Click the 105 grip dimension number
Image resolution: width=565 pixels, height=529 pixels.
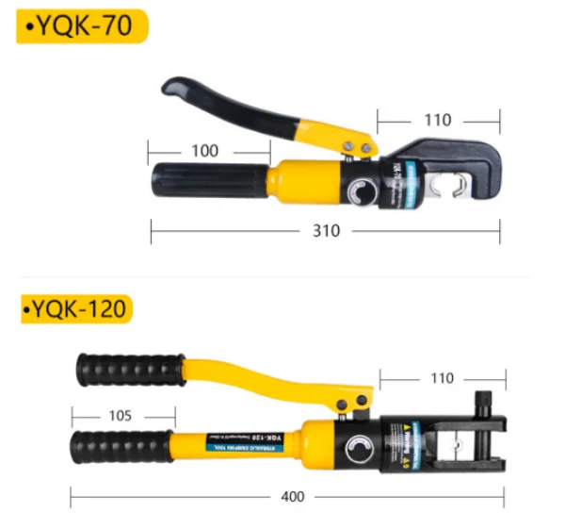(x=120, y=415)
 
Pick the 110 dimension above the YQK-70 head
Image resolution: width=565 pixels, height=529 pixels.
(x=437, y=121)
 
